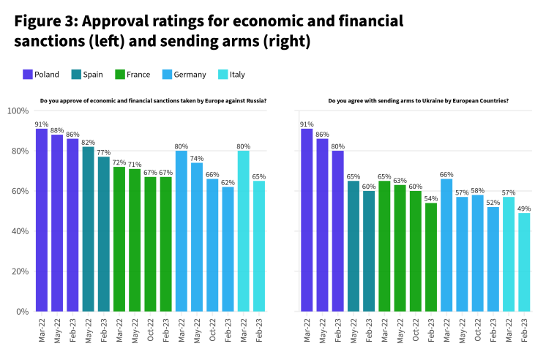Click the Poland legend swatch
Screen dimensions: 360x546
click(28, 74)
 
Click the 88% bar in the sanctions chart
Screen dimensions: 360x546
click(57, 222)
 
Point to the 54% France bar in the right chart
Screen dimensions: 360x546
click(430, 257)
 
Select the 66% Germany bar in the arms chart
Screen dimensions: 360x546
click(446, 245)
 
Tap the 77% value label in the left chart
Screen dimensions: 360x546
click(103, 152)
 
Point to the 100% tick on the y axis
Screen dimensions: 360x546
click(17, 111)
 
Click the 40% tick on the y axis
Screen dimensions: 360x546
click(18, 231)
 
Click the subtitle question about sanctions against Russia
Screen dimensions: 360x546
click(152, 100)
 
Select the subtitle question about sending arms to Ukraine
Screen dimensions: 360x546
click(418, 100)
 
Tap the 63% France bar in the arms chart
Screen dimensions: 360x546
click(400, 248)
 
